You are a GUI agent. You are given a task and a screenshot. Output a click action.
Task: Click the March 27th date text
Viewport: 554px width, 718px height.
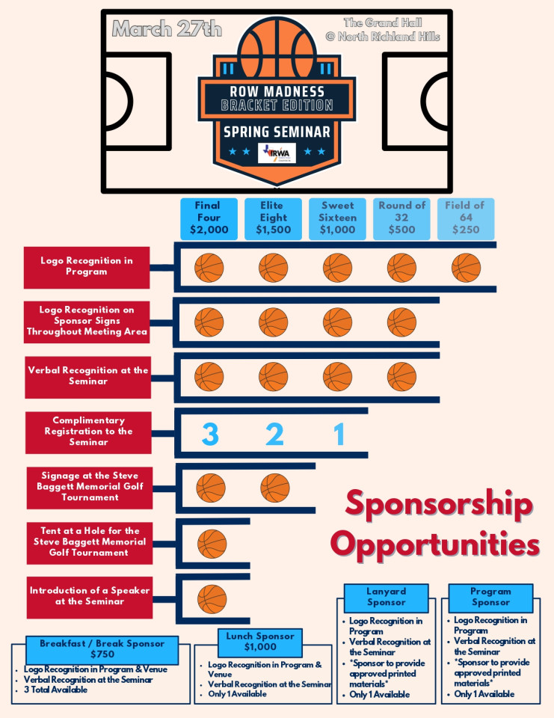tap(167, 29)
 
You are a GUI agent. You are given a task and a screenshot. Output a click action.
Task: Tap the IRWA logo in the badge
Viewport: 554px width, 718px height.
tap(277, 153)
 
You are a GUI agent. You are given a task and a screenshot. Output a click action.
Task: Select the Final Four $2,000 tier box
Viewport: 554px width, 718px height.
tap(209, 218)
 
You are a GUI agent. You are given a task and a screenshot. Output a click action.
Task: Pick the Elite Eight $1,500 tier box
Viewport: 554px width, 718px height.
tap(274, 218)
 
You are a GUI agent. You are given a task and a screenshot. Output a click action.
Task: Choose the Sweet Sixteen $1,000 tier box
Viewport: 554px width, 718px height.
tap(337, 218)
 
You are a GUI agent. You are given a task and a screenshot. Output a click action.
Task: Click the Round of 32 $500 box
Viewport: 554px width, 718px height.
tap(401, 218)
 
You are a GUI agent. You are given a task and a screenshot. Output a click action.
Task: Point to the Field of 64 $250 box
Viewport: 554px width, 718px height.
tap(466, 218)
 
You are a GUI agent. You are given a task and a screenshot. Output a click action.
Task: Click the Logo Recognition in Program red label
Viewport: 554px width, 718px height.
tap(87, 268)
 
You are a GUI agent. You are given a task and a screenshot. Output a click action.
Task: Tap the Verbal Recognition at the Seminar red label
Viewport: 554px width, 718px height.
tap(88, 377)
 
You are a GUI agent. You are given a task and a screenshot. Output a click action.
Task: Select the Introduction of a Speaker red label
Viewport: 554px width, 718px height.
tap(90, 598)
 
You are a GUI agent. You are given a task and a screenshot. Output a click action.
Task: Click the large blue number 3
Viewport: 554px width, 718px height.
tap(210, 434)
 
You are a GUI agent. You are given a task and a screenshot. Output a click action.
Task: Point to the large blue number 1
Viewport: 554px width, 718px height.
tap(339, 434)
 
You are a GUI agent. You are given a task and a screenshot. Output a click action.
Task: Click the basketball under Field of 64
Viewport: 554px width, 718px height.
tap(466, 268)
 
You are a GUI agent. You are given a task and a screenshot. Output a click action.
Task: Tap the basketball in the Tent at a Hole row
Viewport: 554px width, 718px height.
tap(212, 544)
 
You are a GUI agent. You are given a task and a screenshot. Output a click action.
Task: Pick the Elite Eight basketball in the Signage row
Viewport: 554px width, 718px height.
tap(274, 488)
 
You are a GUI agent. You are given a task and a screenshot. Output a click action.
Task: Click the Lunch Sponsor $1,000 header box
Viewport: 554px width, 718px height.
tap(260, 642)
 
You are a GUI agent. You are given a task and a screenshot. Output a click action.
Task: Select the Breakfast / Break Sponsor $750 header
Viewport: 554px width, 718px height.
tap(102, 649)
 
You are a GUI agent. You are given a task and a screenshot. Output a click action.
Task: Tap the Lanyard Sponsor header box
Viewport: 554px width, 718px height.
tap(386, 598)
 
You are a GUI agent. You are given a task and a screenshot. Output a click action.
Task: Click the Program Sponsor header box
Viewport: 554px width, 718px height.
tap(490, 598)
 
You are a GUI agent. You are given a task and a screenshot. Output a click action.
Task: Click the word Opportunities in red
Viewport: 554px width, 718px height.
tap(435, 544)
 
